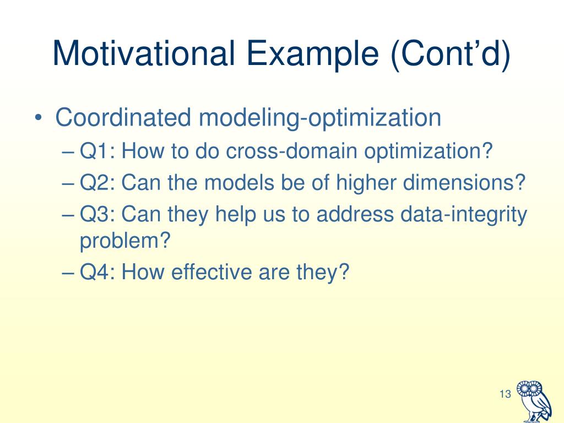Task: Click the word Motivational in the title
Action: click(x=144, y=53)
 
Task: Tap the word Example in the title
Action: click(x=313, y=54)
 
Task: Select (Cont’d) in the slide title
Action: click(x=451, y=54)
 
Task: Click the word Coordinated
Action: click(x=123, y=117)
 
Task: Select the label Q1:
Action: click(x=97, y=151)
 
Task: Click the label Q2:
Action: click(x=97, y=183)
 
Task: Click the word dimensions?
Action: click(x=464, y=182)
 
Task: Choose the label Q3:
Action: click(x=97, y=214)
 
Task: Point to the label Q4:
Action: click(x=97, y=272)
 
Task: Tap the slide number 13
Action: click(x=505, y=394)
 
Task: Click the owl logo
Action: click(x=534, y=402)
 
